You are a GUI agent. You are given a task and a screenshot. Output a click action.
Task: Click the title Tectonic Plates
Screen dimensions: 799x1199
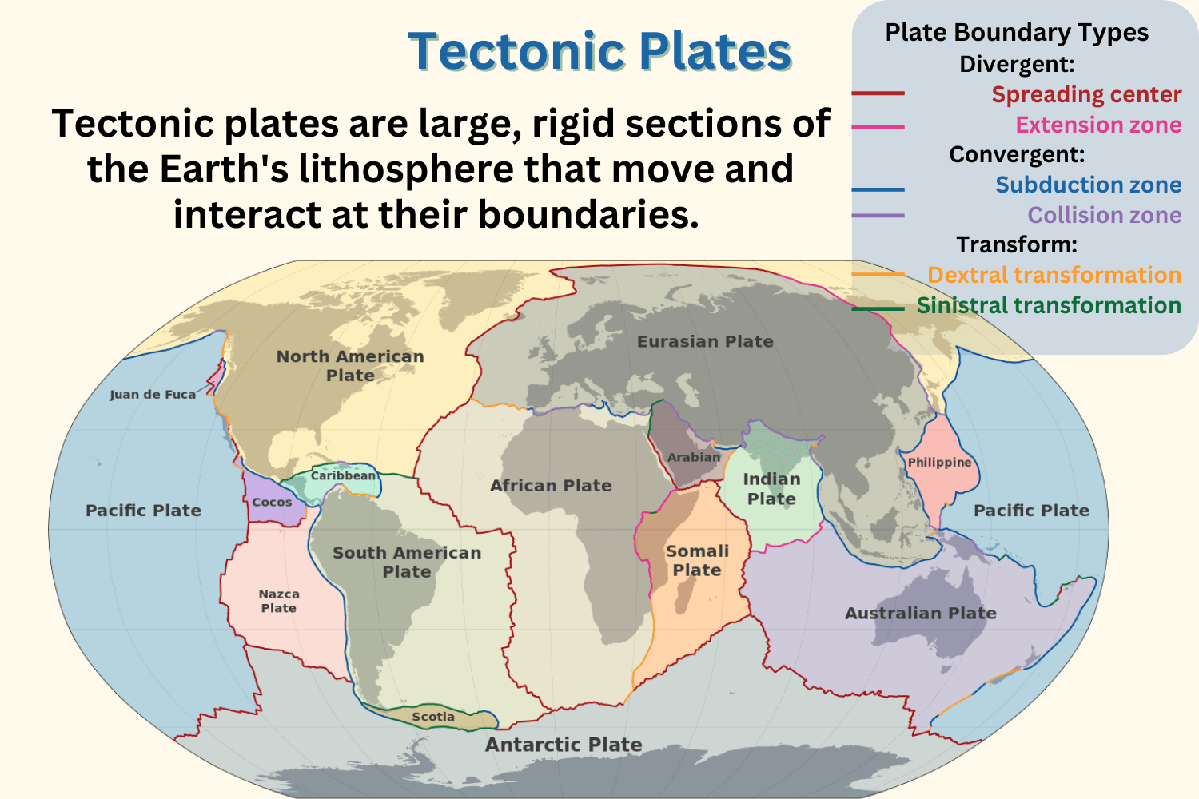(599, 52)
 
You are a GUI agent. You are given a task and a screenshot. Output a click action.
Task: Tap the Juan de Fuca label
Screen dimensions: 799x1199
(152, 394)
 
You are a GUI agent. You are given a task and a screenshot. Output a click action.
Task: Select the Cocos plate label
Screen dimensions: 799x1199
(272, 503)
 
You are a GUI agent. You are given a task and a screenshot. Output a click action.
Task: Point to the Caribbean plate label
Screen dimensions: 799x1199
(343, 475)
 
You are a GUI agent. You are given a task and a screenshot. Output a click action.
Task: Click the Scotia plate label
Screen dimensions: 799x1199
(433, 717)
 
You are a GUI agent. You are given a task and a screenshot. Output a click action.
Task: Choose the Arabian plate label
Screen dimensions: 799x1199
(694, 457)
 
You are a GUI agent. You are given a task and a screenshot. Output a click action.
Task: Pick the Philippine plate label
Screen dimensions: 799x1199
(939, 462)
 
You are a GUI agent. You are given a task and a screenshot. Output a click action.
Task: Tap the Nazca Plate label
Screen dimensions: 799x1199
(279, 601)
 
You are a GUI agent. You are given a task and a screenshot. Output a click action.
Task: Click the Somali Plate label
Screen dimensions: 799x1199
(697, 560)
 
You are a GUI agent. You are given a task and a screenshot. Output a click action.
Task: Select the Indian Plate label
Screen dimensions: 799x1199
(771, 489)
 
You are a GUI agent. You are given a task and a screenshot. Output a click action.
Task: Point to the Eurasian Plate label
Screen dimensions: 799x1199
(705, 341)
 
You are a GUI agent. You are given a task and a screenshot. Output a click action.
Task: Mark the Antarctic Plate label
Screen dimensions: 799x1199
(564, 745)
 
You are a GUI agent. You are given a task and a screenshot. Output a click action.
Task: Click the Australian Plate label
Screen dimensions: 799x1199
(921, 613)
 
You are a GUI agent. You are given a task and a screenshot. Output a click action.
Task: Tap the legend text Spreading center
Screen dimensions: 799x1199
(1086, 94)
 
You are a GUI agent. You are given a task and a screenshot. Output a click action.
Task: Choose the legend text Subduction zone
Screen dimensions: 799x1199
(1088, 185)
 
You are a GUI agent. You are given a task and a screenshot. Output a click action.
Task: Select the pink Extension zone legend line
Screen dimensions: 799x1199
(878, 126)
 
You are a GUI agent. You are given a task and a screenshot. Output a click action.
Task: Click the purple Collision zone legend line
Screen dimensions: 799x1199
(878, 216)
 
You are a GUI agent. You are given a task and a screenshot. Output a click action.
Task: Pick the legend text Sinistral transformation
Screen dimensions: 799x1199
(1049, 305)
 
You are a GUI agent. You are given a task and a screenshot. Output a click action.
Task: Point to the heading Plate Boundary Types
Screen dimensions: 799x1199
(1017, 33)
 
